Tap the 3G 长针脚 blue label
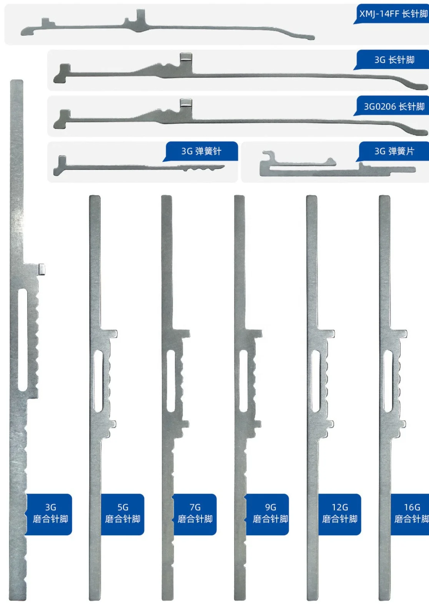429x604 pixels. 394,60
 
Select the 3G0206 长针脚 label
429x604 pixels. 394,106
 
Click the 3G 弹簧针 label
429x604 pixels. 201,151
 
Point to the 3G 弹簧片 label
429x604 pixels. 394,151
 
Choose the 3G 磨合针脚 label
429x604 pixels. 50,514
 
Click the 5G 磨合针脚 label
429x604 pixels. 123,514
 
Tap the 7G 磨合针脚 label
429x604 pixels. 195,514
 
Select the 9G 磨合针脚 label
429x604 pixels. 270,514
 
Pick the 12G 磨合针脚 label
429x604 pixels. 340,514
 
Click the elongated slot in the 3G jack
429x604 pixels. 23,340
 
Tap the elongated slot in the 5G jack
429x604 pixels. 98,380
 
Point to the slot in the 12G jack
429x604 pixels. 316,380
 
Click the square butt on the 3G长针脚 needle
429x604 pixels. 186,58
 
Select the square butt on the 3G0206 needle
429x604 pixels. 186,103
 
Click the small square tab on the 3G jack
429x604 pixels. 42,269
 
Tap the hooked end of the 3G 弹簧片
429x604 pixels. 268,155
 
